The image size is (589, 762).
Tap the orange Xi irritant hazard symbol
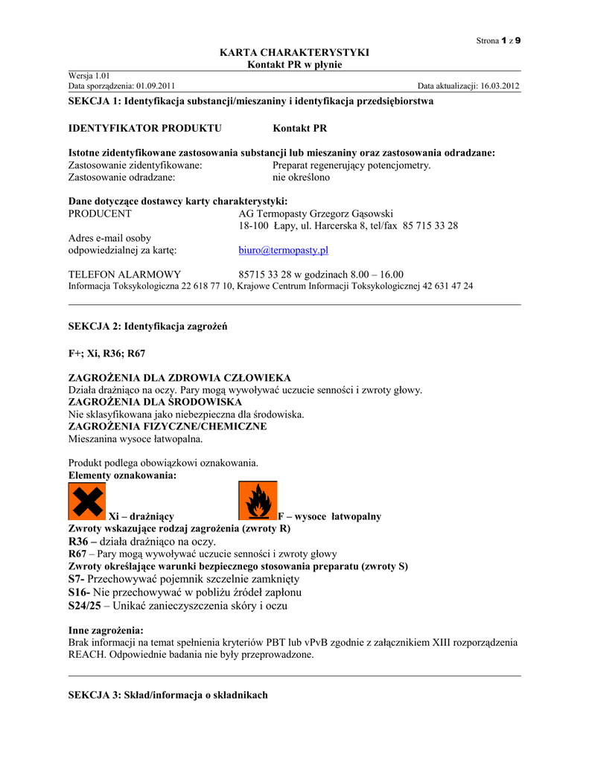pos(86,501)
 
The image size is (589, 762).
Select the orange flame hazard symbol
pos(257,501)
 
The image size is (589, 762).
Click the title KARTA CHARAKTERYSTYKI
pos(294,52)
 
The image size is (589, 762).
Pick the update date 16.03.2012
pos(500,86)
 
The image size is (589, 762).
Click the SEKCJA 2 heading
pos(147,326)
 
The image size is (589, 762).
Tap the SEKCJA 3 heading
pos(168,695)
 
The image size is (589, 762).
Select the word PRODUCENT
pos(100,214)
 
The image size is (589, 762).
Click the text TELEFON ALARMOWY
pos(124,275)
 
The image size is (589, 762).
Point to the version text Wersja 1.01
pos(89,76)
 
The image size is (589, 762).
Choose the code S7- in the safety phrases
pos(77,579)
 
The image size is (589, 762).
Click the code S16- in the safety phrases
pos(80,592)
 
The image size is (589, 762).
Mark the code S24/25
pos(84,606)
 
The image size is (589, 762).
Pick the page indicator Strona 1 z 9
pos(498,40)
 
